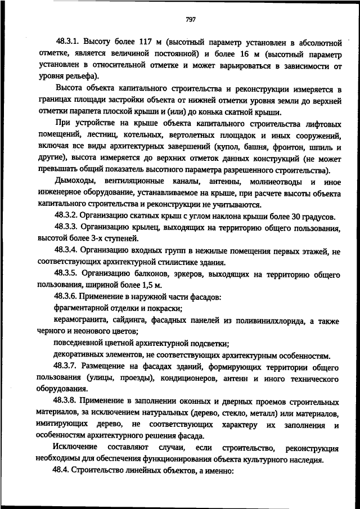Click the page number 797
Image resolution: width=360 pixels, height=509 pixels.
[x=190, y=20]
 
